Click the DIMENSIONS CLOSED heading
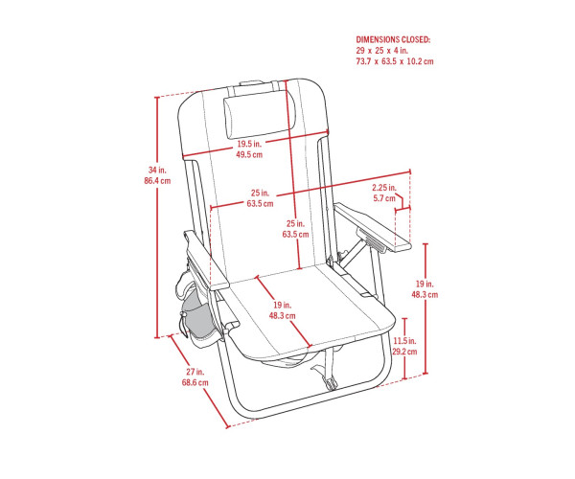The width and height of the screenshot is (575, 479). point(393,39)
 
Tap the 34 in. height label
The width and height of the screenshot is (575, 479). point(157,170)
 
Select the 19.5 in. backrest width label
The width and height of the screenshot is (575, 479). point(249,144)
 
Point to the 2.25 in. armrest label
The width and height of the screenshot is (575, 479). point(384,188)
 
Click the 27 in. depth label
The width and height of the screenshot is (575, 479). point(195,372)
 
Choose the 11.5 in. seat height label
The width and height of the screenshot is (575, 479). point(404,341)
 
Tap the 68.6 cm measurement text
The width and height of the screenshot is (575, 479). point(195,382)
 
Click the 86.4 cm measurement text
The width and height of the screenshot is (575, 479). point(157,181)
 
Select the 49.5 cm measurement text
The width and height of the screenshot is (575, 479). point(249,154)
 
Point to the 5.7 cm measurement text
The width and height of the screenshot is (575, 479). point(384,198)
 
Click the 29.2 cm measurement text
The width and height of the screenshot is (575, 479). point(404,352)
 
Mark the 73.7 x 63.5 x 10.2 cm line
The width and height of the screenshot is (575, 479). point(395,61)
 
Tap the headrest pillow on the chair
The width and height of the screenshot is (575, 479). point(260,114)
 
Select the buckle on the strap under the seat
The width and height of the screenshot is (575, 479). point(332,384)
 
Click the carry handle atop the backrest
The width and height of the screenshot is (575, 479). point(251,83)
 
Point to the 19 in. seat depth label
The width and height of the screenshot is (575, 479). point(282,305)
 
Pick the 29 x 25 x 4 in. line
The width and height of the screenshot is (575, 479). point(382,51)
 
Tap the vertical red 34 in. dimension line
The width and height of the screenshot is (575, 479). point(157,217)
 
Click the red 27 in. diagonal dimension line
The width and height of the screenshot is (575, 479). point(198,381)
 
